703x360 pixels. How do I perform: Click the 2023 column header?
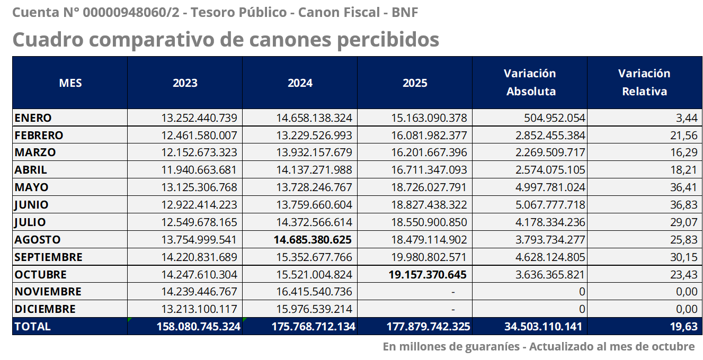[185, 83]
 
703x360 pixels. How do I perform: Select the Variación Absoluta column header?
[530, 82]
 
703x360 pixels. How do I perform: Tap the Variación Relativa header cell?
[644, 82]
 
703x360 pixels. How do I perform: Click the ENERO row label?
[33, 118]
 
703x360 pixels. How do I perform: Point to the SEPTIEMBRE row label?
[48, 257]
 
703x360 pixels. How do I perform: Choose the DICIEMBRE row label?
[45, 309]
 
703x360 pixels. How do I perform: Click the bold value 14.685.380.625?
[313, 240]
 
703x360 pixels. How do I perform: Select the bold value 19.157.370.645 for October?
[428, 275]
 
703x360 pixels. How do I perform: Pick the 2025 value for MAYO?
[429, 187]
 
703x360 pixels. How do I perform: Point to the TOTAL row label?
[32, 327]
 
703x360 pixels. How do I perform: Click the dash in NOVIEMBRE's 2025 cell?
[453, 292]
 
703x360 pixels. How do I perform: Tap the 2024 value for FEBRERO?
[314, 135]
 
